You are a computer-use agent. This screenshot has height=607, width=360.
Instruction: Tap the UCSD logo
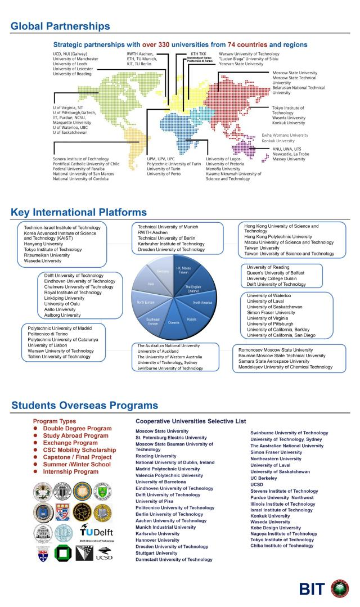tap(103, 554)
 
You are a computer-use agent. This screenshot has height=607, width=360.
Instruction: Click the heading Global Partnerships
tap(60, 26)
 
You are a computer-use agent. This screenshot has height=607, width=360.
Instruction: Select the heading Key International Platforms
tap(78, 212)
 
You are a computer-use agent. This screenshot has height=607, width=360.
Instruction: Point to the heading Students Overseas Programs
tap(84, 406)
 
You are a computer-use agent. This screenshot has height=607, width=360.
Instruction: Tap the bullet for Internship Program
tap(35, 472)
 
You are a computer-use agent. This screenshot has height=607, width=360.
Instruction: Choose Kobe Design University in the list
tap(276, 528)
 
